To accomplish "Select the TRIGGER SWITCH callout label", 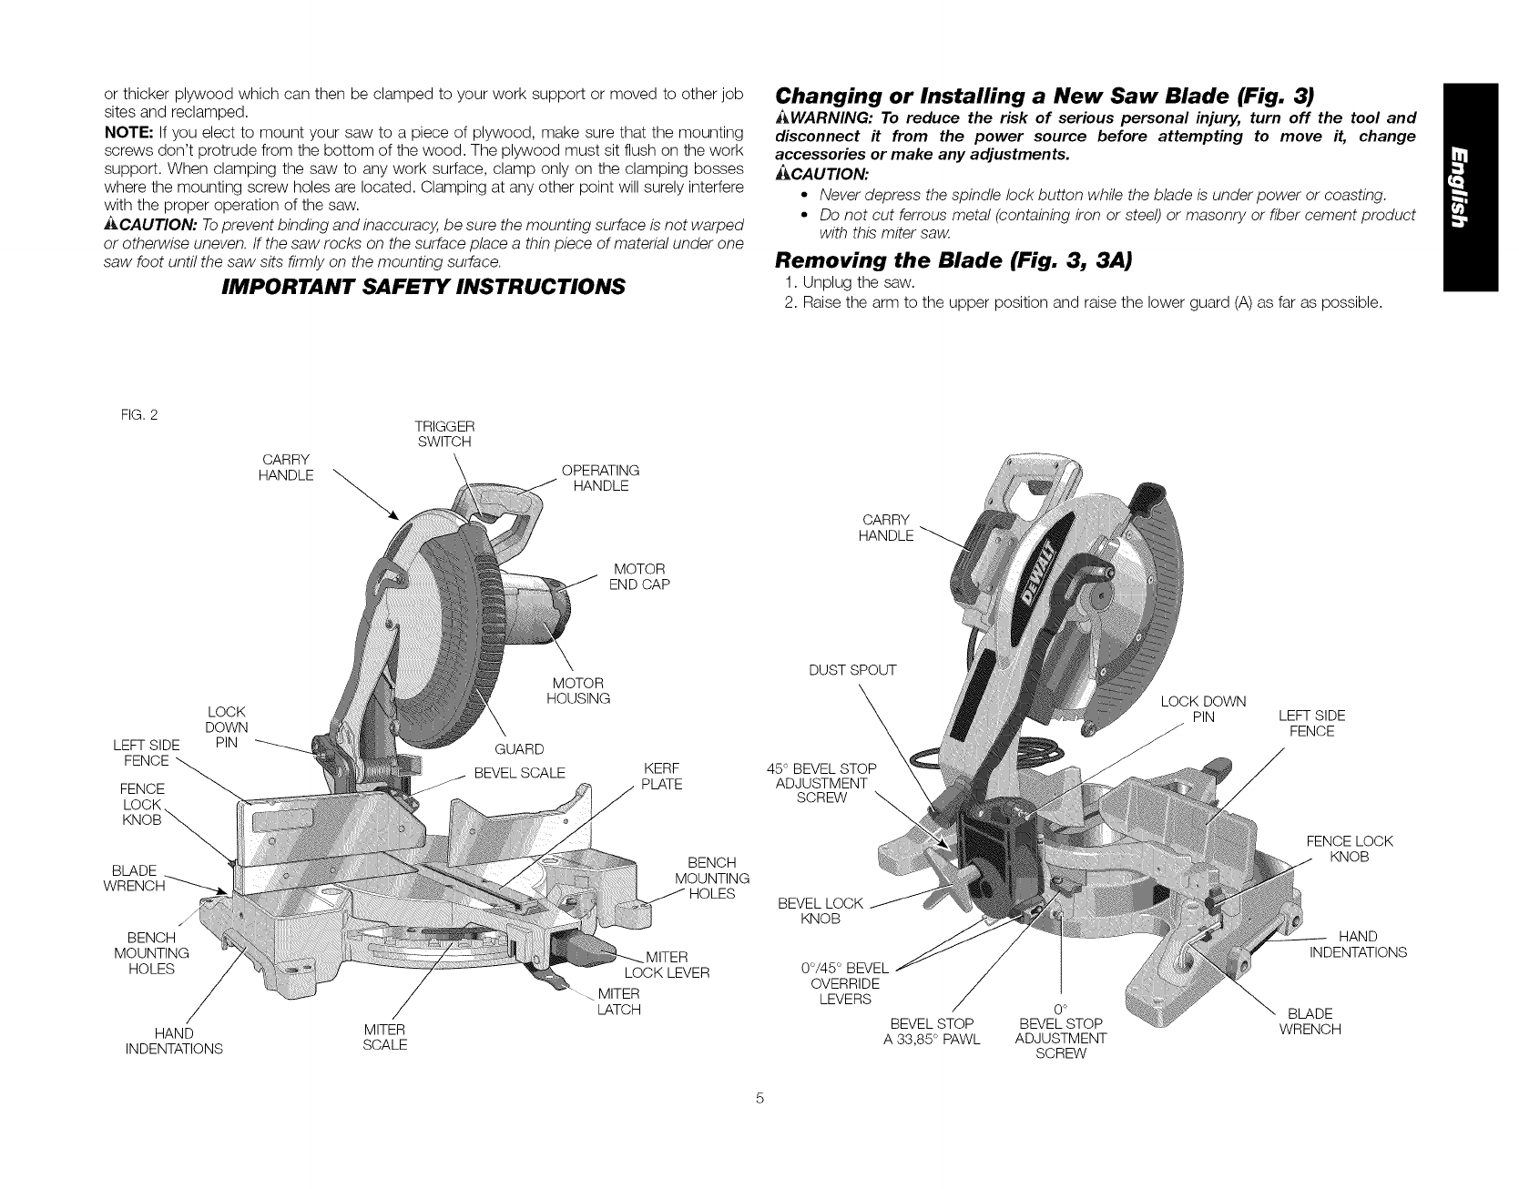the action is (443, 434).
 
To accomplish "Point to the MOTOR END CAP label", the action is (639, 576).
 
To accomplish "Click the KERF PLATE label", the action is (662, 775).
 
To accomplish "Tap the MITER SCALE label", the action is (384, 1037).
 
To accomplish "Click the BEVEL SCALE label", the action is (520, 773).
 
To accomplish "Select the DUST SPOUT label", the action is (852, 671).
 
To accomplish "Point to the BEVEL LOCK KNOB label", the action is (820, 910).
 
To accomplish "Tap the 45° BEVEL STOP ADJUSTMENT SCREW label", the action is (822, 783).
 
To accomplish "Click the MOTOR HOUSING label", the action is (577, 691).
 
